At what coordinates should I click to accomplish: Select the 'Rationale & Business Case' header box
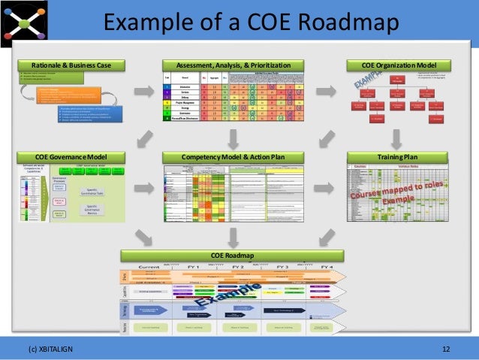pyautogui.click(x=70, y=65)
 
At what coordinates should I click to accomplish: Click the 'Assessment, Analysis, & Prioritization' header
pyautogui.click(x=233, y=65)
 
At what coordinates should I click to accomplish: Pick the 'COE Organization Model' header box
pyautogui.click(x=397, y=65)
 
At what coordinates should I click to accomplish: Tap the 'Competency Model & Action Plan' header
pyautogui.click(x=233, y=156)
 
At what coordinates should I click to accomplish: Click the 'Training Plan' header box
pyautogui.click(x=397, y=156)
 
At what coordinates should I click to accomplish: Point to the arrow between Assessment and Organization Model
pyautogui.click(x=326, y=92)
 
